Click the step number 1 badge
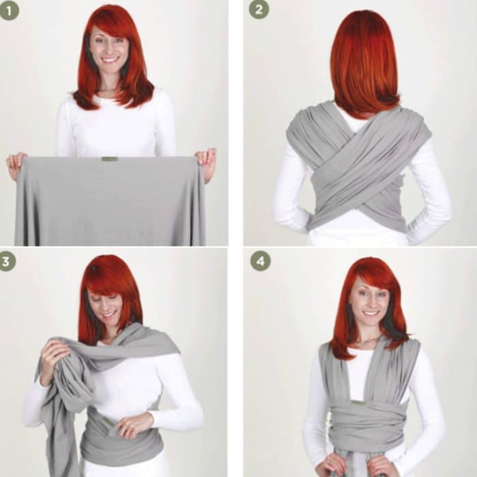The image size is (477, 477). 10,10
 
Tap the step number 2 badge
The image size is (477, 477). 259,9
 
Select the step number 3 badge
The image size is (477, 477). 7,261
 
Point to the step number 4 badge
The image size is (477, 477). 260,261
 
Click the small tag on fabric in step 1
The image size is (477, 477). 109,159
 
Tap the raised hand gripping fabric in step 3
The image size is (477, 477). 53,354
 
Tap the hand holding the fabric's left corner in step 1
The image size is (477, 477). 16,162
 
